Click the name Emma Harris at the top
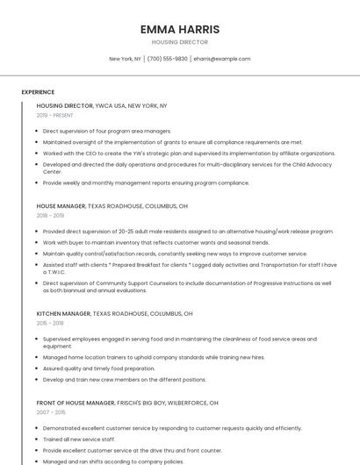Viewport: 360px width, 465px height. coord(180,29)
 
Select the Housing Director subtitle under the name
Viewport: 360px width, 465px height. coord(180,42)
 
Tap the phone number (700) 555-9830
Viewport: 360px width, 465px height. coord(167,59)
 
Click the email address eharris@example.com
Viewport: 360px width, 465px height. coord(222,59)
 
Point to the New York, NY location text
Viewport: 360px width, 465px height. coord(125,59)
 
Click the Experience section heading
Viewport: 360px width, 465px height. coord(38,91)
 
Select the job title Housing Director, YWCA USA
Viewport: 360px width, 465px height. coord(102,105)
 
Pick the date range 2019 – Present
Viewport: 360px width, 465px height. coord(54,115)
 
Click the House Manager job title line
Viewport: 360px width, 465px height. coord(112,206)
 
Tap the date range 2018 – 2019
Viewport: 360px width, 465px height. coord(50,216)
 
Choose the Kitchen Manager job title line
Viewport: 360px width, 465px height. coord(114,313)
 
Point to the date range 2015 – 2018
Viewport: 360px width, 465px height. coord(50,323)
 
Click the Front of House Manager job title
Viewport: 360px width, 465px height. coord(127,403)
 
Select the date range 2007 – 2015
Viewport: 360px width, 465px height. coord(51,412)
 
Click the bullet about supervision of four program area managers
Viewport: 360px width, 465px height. coord(107,131)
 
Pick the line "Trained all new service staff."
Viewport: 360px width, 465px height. coord(79,439)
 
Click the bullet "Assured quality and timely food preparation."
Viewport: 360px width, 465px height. coord(98,368)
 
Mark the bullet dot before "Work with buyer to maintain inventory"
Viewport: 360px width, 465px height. coord(37,242)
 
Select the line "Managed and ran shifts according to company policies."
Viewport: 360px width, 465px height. coord(113,461)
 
